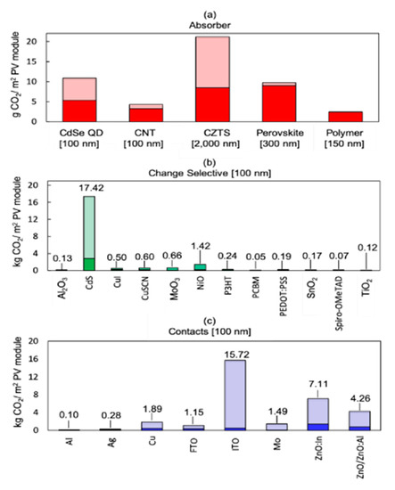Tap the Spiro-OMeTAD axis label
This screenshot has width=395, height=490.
337,293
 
